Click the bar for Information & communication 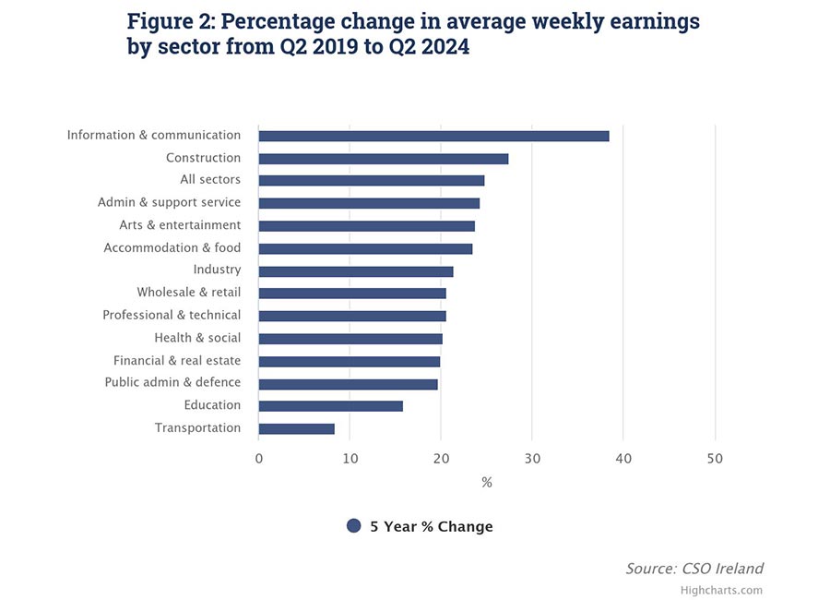(433, 136)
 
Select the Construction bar (383, 159)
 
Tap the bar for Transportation (296, 428)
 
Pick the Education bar (330, 406)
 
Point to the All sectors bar (371, 181)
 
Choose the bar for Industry (355, 271)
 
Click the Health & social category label (197, 338)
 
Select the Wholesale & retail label (188, 293)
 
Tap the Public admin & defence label (172, 382)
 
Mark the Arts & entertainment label (180, 225)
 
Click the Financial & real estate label (177, 361)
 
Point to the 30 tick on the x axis (532, 459)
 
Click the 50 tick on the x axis (714, 459)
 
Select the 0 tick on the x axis (259, 459)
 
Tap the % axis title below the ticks (486, 482)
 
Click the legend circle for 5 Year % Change (353, 526)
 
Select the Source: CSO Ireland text (694, 569)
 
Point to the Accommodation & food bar (365, 248)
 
